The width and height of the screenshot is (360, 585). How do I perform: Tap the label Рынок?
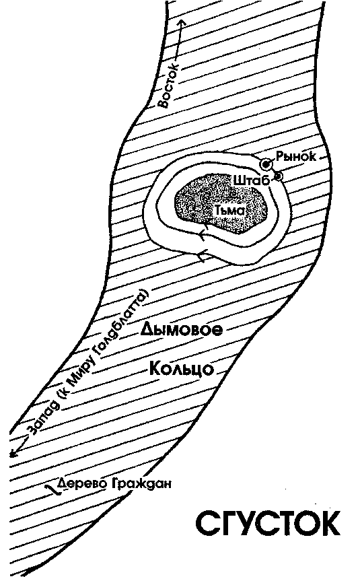[x=296, y=156]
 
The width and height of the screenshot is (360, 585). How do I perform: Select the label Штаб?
[x=252, y=180]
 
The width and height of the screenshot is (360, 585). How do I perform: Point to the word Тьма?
[x=229, y=211]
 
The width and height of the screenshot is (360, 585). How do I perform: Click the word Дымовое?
[x=182, y=329]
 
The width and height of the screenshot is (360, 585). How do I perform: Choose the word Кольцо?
[x=182, y=369]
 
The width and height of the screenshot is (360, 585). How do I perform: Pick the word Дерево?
[x=82, y=483]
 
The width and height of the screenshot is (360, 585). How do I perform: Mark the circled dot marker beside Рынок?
[x=266, y=164]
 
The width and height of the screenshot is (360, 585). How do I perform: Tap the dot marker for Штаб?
[x=279, y=175]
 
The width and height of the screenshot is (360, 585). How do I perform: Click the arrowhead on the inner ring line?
[x=202, y=234]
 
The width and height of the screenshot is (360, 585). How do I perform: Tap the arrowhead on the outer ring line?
[x=202, y=256]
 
